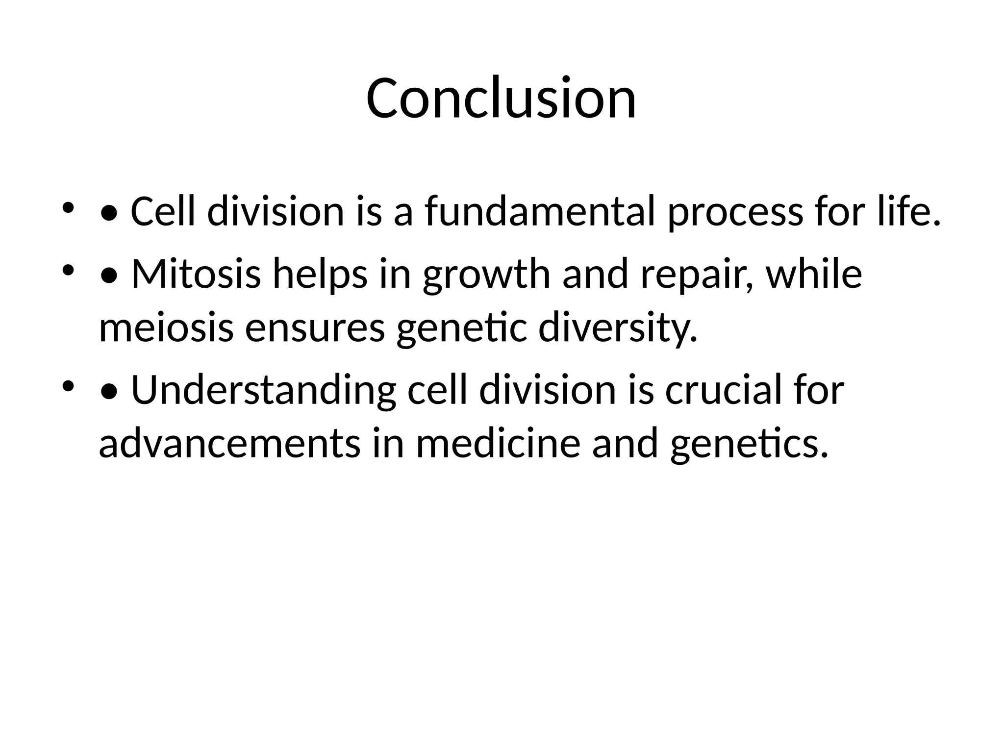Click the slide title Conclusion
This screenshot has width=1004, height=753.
coord(501,98)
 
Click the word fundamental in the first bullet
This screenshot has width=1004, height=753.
coord(540,212)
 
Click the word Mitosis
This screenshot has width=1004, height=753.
coord(196,275)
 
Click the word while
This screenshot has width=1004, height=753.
coord(814,275)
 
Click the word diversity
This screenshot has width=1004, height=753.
coord(618,329)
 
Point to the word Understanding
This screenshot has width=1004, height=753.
coord(263,391)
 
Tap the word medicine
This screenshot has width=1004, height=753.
coord(498,444)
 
